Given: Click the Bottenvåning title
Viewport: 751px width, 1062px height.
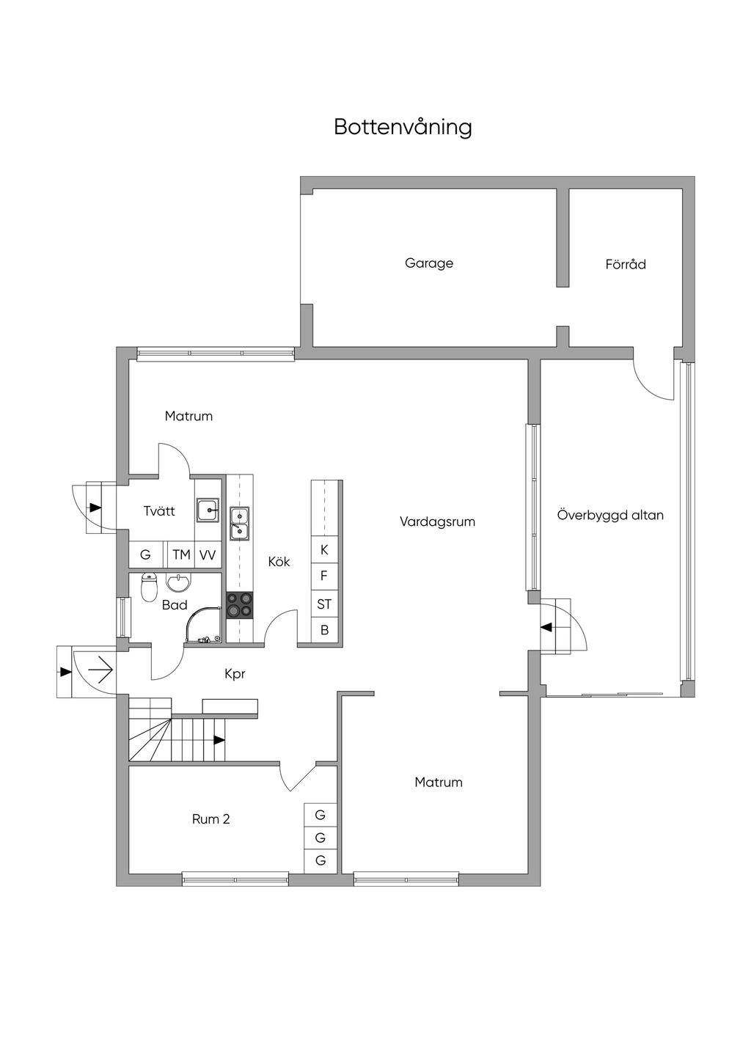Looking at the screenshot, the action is [x=403, y=127].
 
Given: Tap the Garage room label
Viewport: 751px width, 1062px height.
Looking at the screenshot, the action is [x=429, y=263].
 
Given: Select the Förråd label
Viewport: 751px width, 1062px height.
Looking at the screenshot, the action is [x=626, y=263].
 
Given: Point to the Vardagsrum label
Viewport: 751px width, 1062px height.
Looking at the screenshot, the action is [x=437, y=521].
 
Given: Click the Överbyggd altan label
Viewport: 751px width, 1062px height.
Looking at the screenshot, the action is [x=610, y=514].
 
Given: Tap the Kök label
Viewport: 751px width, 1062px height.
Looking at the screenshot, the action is [x=279, y=561].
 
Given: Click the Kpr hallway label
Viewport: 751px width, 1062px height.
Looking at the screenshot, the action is [x=235, y=674].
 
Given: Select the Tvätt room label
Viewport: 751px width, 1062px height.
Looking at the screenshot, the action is [x=159, y=510].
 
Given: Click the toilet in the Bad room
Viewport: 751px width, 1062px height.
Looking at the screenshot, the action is [x=150, y=587].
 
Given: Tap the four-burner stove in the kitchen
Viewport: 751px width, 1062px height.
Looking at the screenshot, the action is [x=239, y=605].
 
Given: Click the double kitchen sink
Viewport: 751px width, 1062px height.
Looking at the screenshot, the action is [x=239, y=524].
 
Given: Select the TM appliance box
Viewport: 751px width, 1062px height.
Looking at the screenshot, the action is [x=181, y=554].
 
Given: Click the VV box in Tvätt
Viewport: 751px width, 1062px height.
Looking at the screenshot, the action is [x=208, y=554].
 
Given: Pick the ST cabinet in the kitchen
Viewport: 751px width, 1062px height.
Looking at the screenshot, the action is [x=324, y=604].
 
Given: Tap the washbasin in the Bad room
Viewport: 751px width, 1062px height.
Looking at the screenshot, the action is [x=178, y=582].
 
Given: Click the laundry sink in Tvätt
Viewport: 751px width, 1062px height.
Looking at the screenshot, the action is [x=208, y=510].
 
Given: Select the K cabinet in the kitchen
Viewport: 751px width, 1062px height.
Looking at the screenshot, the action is [x=324, y=549].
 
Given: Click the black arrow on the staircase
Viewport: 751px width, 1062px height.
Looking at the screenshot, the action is [x=219, y=739].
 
